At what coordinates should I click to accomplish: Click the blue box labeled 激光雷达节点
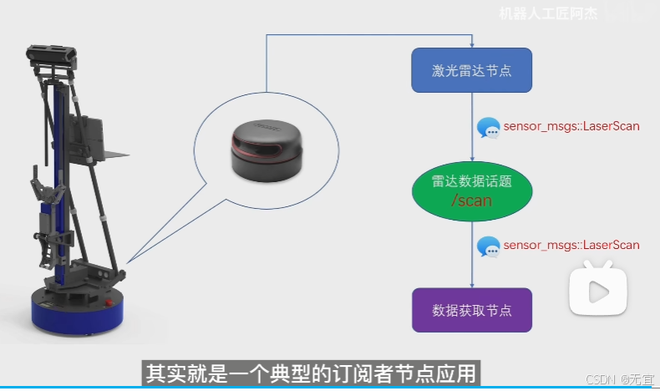pyautogui.click(x=471, y=70)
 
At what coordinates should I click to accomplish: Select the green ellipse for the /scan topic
pyautogui.click(x=472, y=191)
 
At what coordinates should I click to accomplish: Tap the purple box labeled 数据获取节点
pyautogui.click(x=472, y=310)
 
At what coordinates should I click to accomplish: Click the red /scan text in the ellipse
pyautogui.click(x=471, y=201)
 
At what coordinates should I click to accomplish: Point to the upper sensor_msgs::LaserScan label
pyautogui.click(x=571, y=126)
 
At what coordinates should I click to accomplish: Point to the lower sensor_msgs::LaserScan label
pyautogui.click(x=571, y=245)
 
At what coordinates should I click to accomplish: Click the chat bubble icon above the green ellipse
pyautogui.click(x=488, y=128)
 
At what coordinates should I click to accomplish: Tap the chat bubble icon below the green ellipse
pyautogui.click(x=488, y=246)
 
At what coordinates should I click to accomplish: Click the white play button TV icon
pyautogui.click(x=598, y=288)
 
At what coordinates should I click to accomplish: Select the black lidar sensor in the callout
pyautogui.click(x=267, y=150)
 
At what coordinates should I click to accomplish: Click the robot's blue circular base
pyautogui.click(x=78, y=311)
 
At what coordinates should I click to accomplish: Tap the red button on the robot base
pyautogui.click(x=109, y=302)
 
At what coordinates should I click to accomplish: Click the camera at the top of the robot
pyautogui.click(x=51, y=55)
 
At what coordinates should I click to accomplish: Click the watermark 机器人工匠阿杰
pyautogui.click(x=548, y=13)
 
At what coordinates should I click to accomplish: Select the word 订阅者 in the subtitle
pyautogui.click(x=363, y=373)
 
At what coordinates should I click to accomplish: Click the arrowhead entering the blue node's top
pyautogui.click(x=472, y=44)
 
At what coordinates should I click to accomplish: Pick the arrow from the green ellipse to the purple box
pyautogui.click(x=472, y=255)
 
